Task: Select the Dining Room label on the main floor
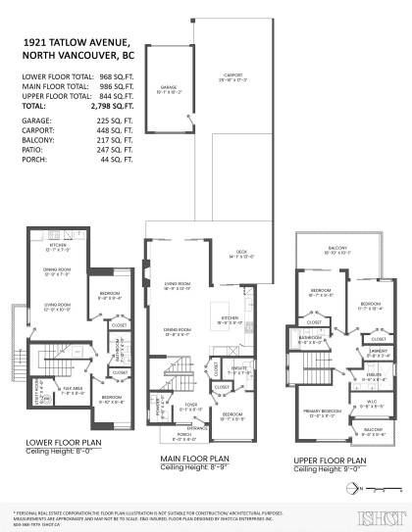click(178, 332)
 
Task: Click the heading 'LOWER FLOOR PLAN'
click(63, 442)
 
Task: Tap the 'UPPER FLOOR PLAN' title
click(330, 460)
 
